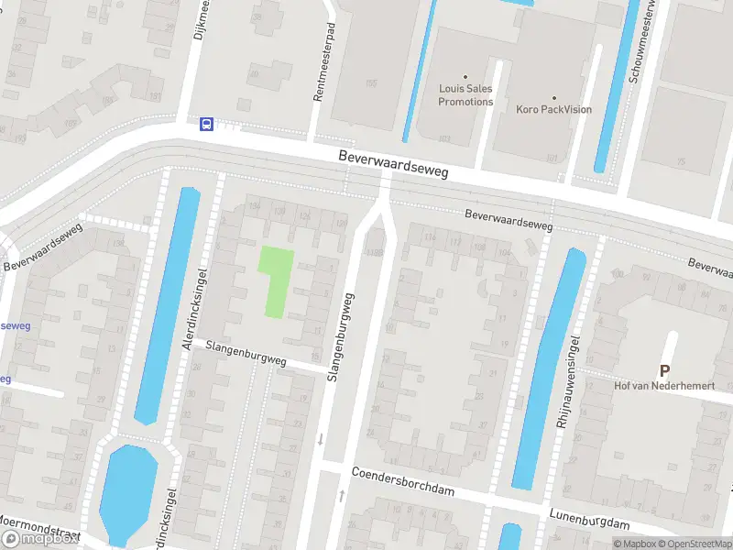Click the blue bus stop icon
207,124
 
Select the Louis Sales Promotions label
465,95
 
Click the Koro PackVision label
553,110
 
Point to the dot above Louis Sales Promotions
465,77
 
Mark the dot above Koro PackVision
553,97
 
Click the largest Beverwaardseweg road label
392,164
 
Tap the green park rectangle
276,281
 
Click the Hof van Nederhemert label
664,386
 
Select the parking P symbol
664,370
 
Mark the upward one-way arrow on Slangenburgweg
342,495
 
